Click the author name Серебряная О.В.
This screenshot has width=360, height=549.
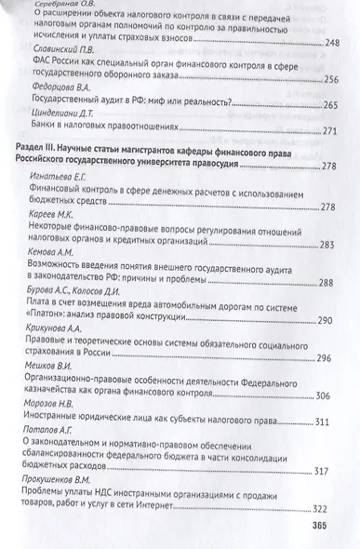62,5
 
